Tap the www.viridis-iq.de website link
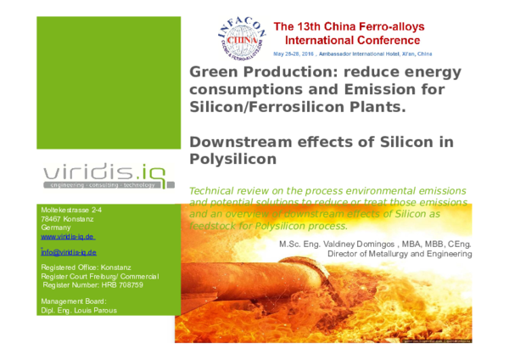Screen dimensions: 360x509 (69, 239)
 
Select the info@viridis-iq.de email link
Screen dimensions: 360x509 (69, 253)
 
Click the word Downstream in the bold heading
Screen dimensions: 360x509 (237, 141)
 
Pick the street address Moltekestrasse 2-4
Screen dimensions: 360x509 (72, 209)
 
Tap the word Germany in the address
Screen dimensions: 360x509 (57, 229)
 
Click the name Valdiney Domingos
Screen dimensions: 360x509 (371, 243)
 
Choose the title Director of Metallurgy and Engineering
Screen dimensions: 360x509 (400, 253)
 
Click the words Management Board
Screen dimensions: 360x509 (73, 300)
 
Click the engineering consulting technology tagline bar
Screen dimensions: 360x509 (100, 184)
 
